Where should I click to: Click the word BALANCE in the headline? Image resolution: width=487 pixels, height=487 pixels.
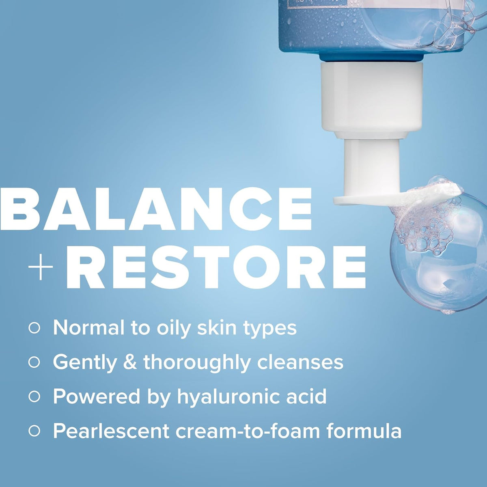click(x=156, y=209)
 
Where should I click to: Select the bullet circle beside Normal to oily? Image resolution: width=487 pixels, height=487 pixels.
click(x=34, y=328)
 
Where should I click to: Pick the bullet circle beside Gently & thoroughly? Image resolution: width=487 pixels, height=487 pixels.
click(x=34, y=362)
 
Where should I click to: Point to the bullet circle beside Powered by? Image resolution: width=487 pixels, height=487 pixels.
click(x=34, y=396)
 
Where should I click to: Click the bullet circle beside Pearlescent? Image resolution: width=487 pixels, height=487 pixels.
click(x=34, y=431)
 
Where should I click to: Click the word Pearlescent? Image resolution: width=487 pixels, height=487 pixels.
click(x=111, y=431)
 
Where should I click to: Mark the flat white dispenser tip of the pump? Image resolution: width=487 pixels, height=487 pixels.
click(x=365, y=198)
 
